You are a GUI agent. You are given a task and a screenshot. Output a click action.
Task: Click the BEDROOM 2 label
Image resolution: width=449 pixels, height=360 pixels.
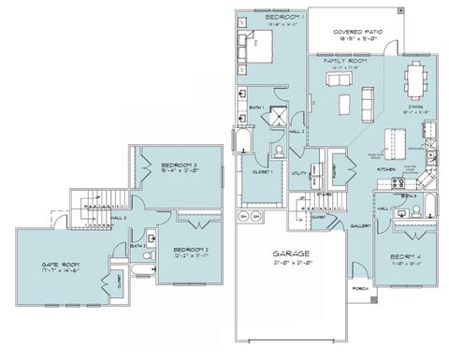[x=190, y=248]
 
